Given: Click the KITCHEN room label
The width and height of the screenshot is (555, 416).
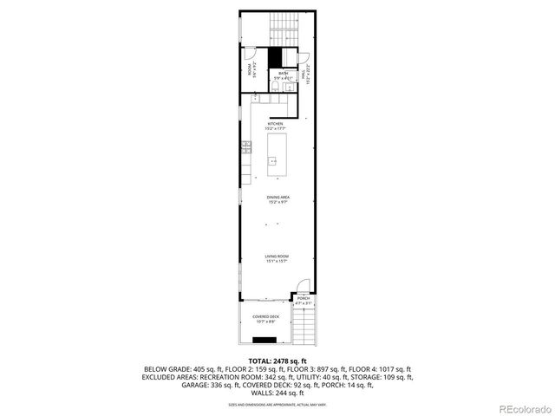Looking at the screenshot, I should pos(275,124).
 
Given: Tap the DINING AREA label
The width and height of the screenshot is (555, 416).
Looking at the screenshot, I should pos(277,198).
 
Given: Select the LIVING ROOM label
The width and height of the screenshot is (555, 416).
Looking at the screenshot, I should pos(277,257).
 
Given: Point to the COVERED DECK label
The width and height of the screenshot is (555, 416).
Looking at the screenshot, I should pos(265,317).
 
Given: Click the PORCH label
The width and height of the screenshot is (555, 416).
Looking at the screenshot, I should pos(303,298).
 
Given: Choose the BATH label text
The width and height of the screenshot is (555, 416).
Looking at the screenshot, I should pos(283,74).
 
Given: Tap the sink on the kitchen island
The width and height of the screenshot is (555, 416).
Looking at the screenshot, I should pos(272,160).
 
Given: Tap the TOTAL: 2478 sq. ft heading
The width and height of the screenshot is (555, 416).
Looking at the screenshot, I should pos(277,360).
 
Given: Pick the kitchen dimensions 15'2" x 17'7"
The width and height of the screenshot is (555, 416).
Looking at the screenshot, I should pos(275,129).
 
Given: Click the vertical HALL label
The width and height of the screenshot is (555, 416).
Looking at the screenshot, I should pos(304,76).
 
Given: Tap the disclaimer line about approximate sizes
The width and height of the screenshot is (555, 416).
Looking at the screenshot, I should pos(277,404).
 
